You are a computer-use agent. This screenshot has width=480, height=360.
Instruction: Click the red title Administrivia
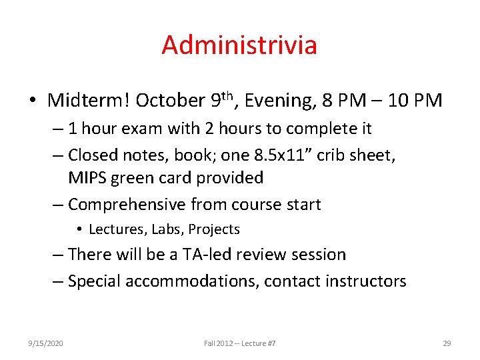[239, 45]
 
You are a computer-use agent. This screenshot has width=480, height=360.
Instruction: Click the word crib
[331, 155]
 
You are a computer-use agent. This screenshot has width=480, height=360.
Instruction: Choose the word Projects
[213, 229]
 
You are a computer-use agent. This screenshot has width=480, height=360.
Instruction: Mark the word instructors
[365, 281]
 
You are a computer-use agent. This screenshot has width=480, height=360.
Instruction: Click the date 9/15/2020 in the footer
[46, 343]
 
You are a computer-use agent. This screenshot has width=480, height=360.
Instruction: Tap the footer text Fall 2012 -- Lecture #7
[240, 343]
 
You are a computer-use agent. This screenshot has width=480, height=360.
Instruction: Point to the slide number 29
[447, 343]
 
